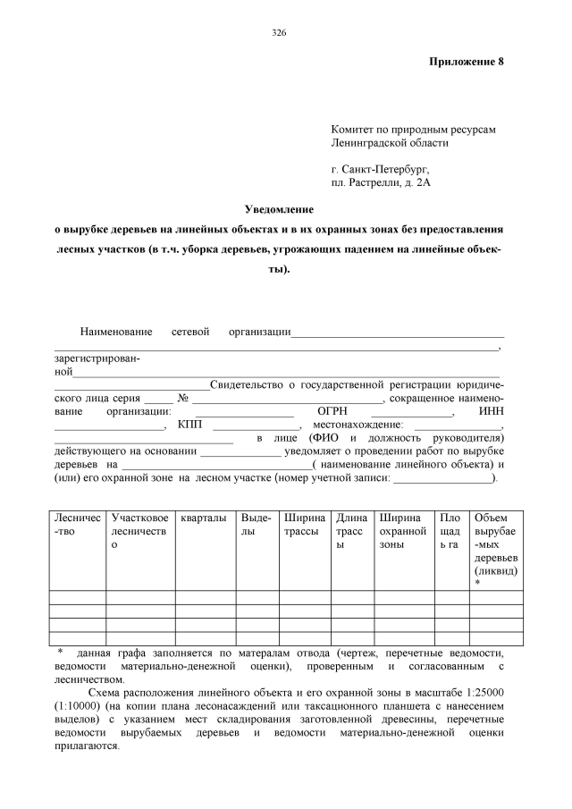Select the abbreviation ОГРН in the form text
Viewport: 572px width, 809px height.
pyautogui.click(x=321, y=411)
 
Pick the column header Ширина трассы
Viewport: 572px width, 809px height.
pyautogui.click(x=304, y=525)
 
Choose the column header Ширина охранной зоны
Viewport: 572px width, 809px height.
pyautogui.click(x=402, y=531)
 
